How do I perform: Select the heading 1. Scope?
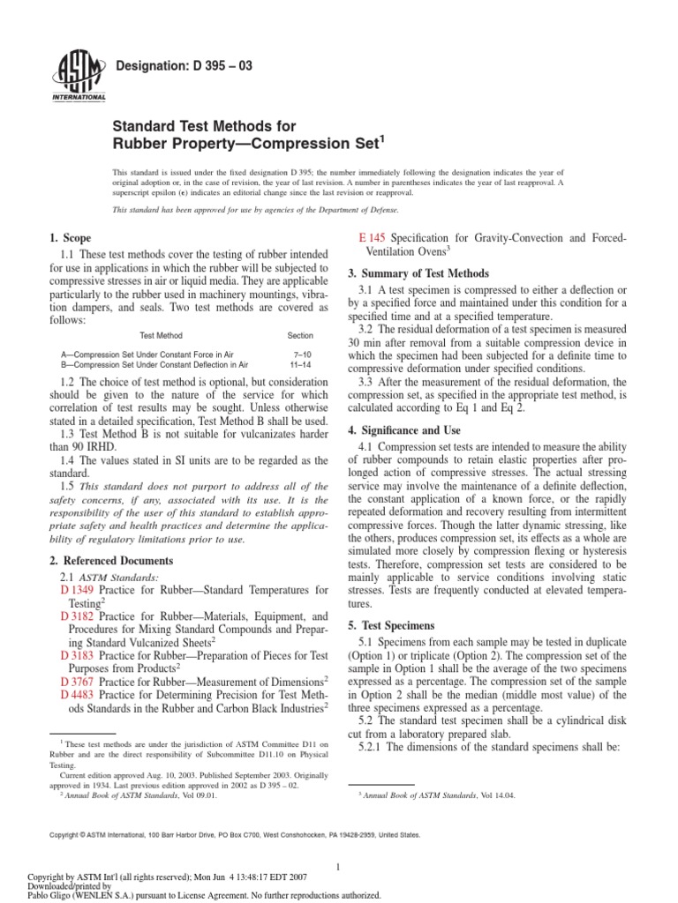65,238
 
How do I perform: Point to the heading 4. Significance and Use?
407,429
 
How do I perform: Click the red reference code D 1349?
77,588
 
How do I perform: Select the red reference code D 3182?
77,616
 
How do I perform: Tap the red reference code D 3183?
77,656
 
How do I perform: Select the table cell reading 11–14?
299,363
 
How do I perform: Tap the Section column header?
299,335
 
